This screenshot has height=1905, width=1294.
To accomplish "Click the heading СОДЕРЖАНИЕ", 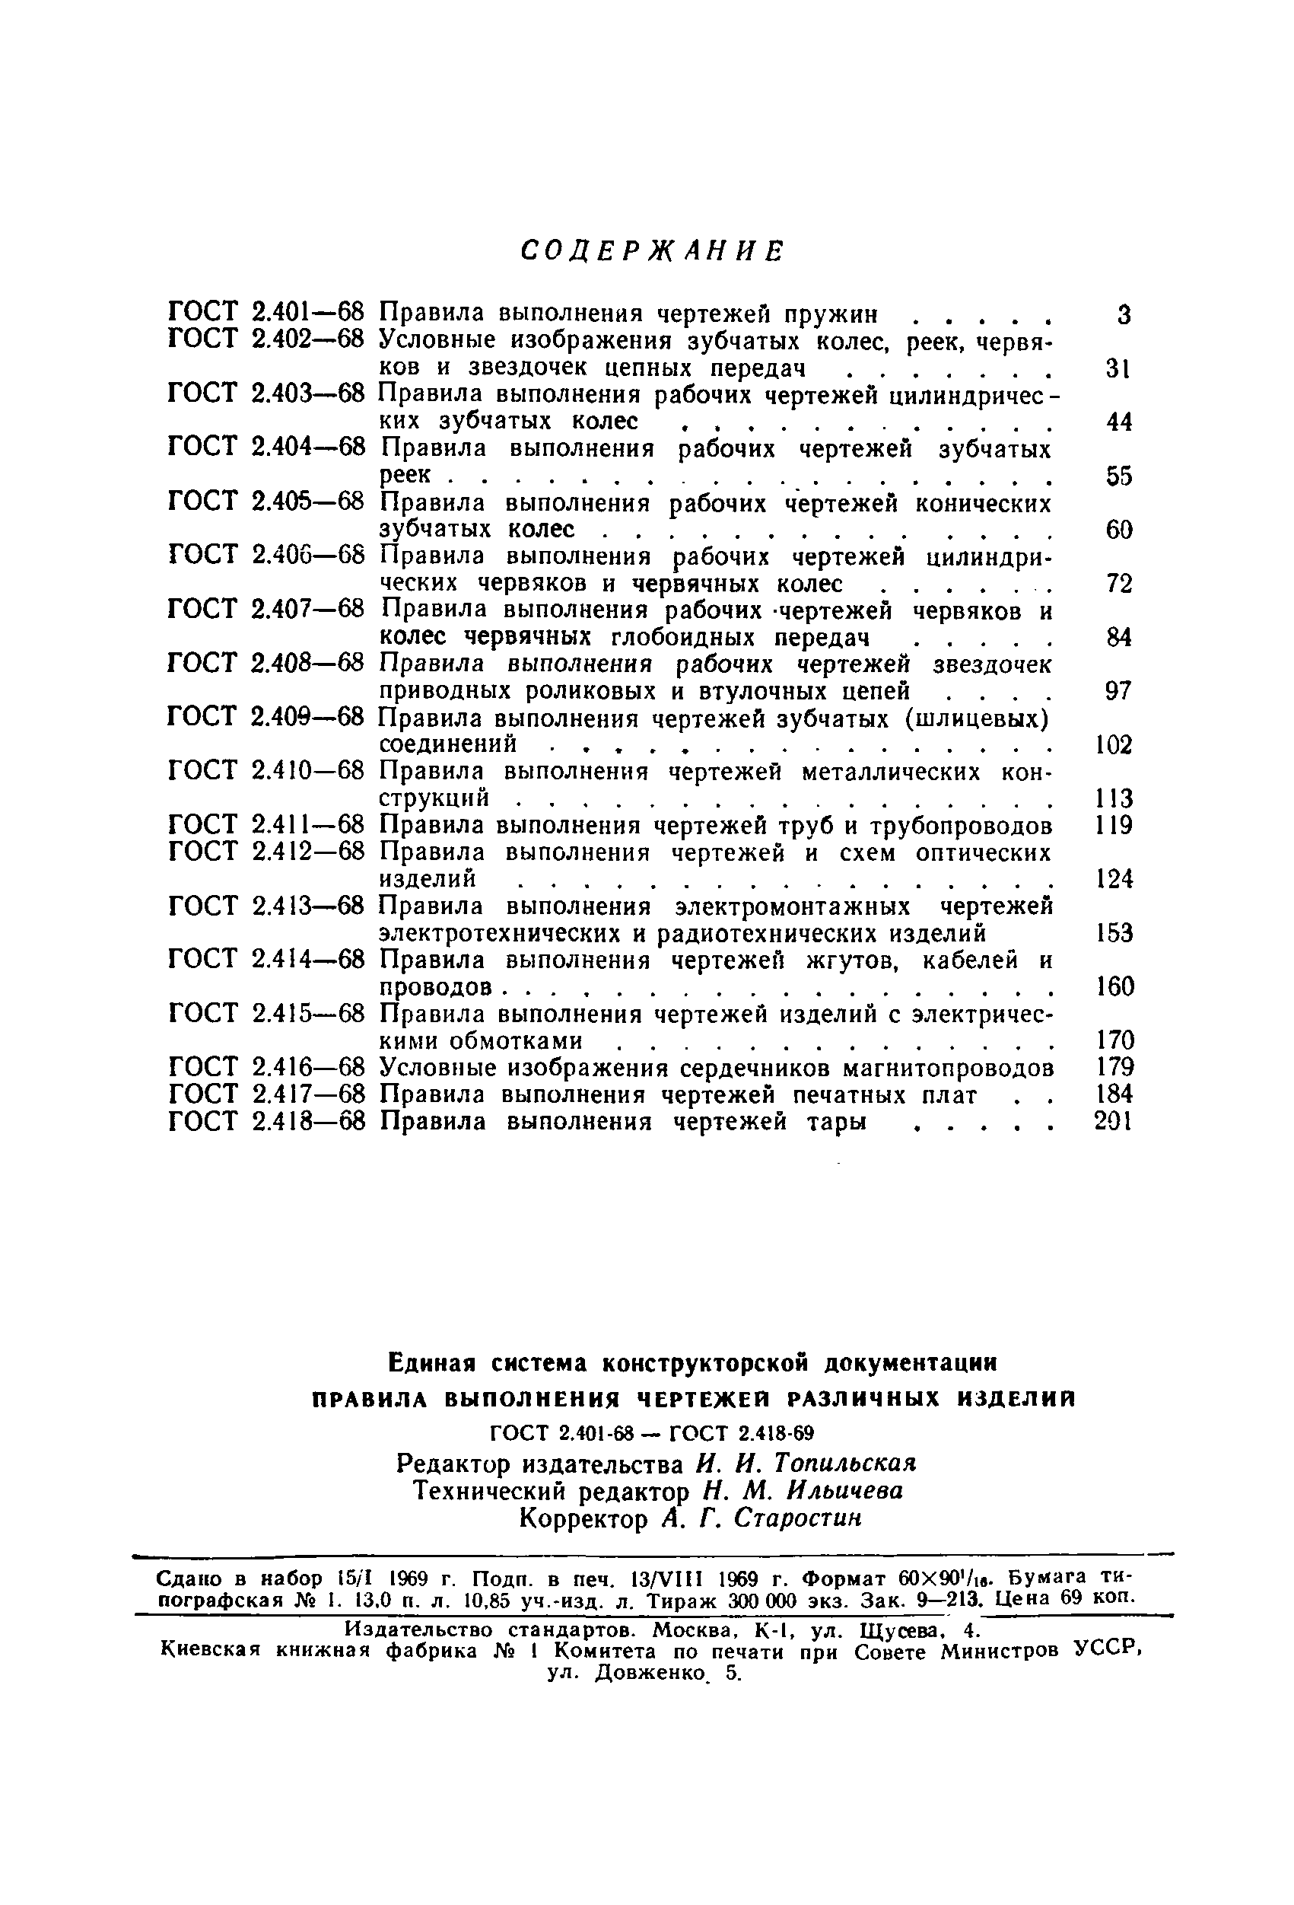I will (x=653, y=251).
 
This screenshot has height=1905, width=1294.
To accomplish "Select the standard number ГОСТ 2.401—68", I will (x=265, y=313).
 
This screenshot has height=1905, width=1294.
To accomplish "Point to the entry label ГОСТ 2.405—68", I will (x=265, y=501).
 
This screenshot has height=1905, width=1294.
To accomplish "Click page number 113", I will (x=1114, y=799).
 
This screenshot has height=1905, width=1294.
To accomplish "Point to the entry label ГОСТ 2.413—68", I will (x=265, y=906).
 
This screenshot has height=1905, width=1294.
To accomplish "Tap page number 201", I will (x=1114, y=1121).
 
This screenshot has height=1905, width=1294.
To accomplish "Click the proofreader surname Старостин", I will (x=798, y=1518).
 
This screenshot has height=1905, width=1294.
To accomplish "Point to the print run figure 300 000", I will (x=761, y=1600).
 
